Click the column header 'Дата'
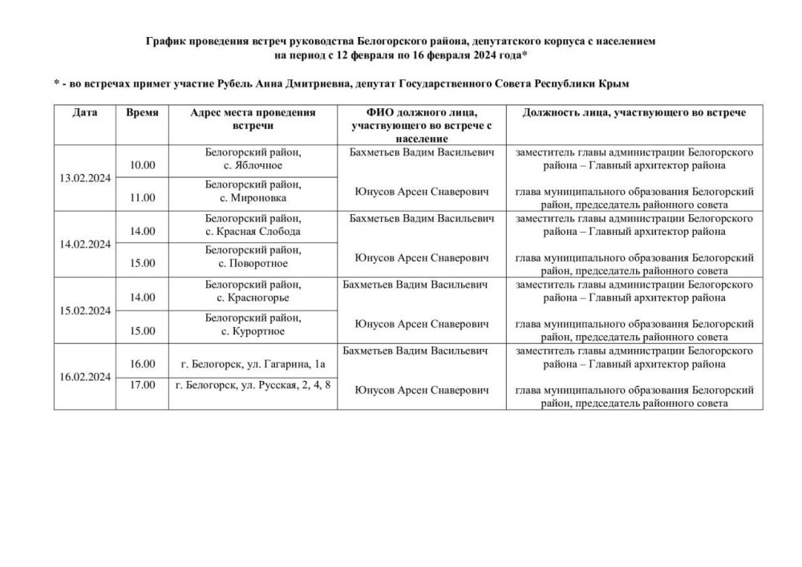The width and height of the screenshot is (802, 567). [84, 113]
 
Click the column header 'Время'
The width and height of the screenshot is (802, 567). [143, 113]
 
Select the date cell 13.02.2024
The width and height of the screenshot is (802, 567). [84, 177]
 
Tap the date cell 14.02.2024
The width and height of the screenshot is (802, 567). [84, 244]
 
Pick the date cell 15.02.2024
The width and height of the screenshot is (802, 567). [84, 310]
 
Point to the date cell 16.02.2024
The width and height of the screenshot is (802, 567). [84, 376]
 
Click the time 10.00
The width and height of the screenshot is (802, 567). [143, 165]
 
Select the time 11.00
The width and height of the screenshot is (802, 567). [143, 197]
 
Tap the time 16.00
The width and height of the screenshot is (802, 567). [143, 364]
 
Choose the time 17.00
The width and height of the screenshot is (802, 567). [143, 385]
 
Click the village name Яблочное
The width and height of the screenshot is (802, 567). [258, 165]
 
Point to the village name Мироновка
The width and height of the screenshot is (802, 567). [258, 197]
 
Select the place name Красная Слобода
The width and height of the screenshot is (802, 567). [258, 232]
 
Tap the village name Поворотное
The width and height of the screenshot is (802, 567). [258, 264]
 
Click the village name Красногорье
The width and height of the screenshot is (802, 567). [258, 298]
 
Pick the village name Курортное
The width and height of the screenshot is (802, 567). [258, 330]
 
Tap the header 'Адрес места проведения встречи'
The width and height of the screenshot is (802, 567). [253, 119]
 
